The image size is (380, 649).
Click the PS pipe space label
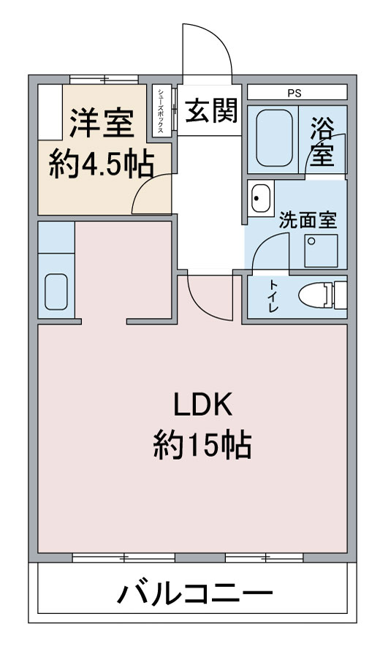294,94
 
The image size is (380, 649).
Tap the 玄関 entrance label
210,110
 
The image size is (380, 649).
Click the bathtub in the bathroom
274,139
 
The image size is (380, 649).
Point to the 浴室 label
322,141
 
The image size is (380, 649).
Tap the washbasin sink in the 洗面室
261,198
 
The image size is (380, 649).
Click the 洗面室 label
308,220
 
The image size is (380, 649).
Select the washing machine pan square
321,251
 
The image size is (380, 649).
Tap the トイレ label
273,296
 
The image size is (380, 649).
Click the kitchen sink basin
56,292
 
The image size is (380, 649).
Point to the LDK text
202,406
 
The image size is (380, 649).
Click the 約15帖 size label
202,445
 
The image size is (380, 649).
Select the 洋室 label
102,123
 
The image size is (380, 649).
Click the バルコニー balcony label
194,595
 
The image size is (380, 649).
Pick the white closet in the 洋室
50,112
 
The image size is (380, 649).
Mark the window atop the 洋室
104,79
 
